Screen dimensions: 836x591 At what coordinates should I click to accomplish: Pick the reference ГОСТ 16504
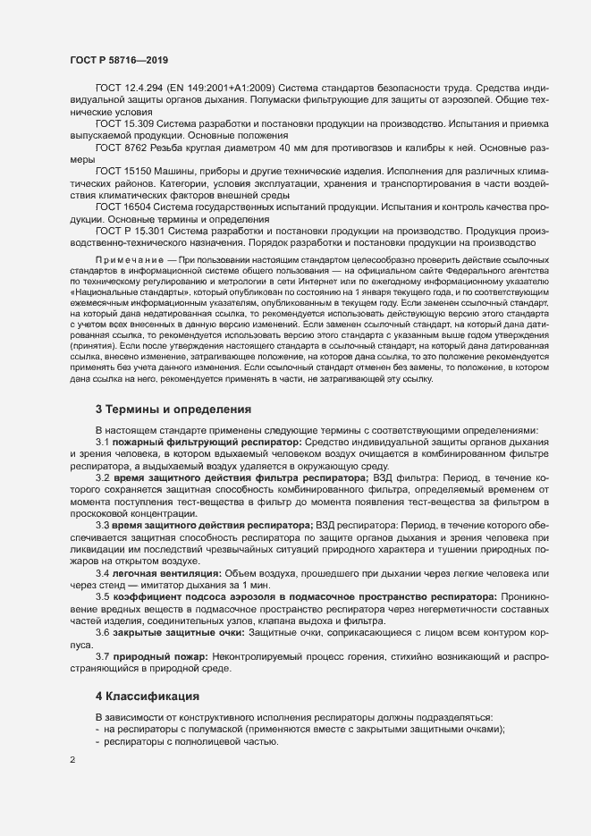[x=121, y=207]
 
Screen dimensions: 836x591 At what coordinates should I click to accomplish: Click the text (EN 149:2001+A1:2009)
[x=220, y=88]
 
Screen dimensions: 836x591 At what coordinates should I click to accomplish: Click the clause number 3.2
[x=103, y=478]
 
